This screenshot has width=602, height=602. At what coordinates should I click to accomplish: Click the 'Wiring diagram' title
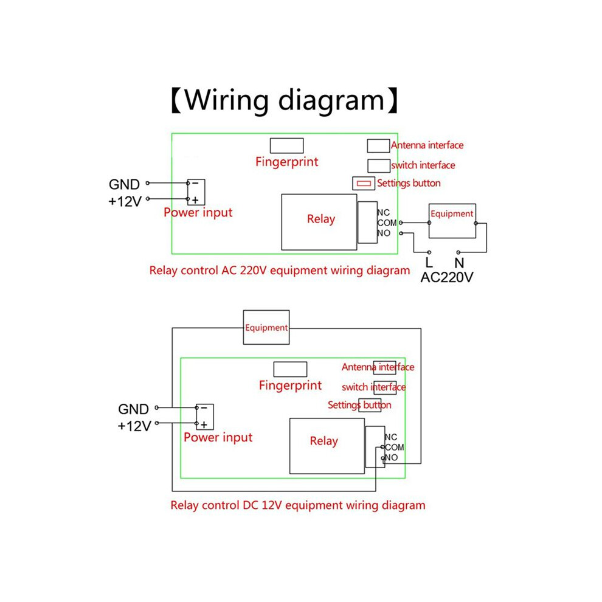coord(285,100)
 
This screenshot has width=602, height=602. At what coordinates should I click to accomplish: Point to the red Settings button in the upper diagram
coord(364,183)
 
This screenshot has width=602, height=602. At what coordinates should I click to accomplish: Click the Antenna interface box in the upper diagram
coord(378,146)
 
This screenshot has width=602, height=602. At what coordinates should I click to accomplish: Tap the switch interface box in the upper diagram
coord(379,165)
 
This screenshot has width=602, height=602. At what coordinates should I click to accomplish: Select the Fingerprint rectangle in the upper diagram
coord(287,145)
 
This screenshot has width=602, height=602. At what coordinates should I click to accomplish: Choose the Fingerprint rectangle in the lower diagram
coord(290,369)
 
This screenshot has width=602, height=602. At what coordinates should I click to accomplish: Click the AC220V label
coord(447,277)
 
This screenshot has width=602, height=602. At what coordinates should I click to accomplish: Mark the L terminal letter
coord(429,263)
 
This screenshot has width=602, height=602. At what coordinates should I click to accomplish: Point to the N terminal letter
coord(459,263)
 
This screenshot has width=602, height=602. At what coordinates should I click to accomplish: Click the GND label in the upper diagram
coord(124,184)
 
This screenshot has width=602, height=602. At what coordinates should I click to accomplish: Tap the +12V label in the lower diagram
coord(134,426)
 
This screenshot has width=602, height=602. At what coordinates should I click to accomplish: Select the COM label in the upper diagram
coord(387,223)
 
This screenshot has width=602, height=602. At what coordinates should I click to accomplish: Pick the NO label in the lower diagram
coord(391,457)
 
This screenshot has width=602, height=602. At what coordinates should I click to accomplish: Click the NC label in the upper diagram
coord(384,212)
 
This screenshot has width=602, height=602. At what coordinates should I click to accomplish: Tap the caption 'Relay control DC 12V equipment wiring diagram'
coord(298,505)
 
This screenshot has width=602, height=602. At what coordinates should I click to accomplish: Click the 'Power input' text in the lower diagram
coord(218,437)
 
